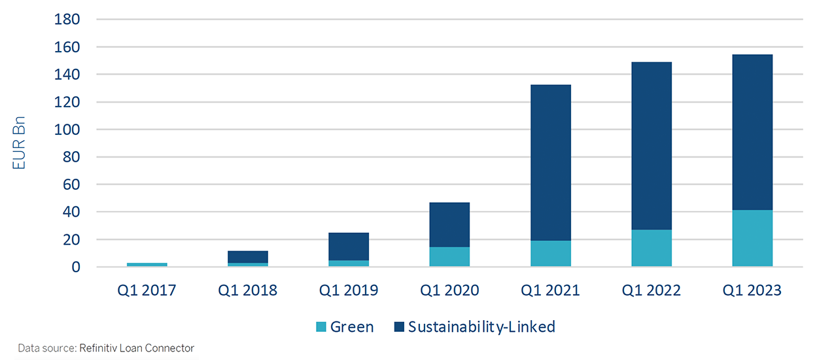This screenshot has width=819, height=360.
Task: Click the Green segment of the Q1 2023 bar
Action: click(x=752, y=238)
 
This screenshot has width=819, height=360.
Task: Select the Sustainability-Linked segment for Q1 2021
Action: click(x=550, y=163)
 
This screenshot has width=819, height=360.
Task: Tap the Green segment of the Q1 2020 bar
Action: click(x=449, y=257)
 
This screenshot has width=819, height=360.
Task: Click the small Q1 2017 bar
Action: click(x=147, y=264)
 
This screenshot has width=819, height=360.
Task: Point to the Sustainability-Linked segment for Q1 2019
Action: click(x=349, y=246)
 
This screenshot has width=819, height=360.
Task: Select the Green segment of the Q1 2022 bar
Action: click(x=652, y=248)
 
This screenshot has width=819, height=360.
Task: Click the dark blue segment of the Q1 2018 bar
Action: click(x=248, y=257)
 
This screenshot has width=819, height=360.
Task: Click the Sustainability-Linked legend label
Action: click(x=481, y=327)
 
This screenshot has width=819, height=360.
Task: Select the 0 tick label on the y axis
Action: click(x=75, y=267)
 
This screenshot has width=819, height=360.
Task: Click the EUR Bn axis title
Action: click(x=20, y=143)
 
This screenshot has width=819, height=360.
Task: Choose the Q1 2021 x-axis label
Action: click(x=550, y=290)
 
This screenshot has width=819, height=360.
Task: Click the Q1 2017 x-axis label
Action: click(x=147, y=290)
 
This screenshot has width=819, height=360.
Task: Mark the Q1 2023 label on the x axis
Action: click(x=752, y=290)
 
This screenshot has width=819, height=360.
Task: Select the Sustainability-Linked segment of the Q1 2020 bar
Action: click(x=449, y=225)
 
